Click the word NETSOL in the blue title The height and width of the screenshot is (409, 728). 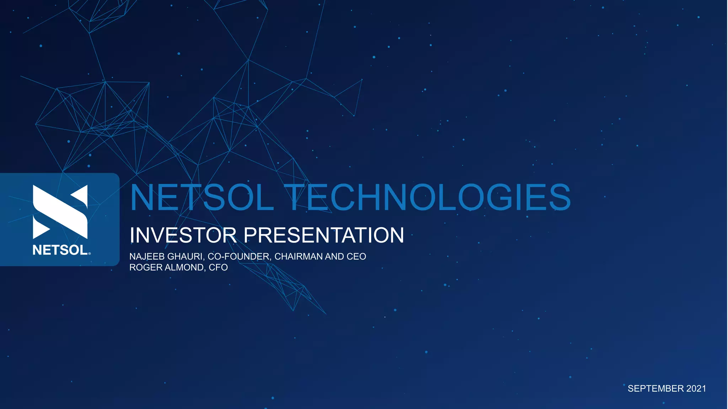(202, 197)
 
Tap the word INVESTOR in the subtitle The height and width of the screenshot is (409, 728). (183, 235)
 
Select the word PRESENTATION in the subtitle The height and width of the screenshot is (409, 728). (323, 235)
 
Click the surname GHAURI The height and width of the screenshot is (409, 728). (184, 256)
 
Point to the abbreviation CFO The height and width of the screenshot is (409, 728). (218, 267)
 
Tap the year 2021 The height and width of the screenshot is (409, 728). (696, 388)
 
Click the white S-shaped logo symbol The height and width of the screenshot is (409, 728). (60, 212)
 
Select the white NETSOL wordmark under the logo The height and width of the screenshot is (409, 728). (60, 250)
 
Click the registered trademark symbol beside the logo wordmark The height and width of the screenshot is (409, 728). (89, 253)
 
